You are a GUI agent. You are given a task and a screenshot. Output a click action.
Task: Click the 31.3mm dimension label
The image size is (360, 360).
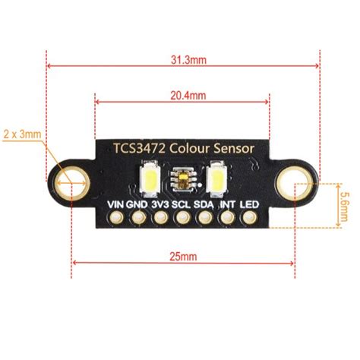(x=183, y=57)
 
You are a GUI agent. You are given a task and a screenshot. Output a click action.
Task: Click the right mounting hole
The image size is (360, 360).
(x=294, y=183)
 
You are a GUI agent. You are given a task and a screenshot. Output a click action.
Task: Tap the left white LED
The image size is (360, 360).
(x=150, y=179)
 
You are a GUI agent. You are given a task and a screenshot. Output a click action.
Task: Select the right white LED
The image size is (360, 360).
(x=216, y=179)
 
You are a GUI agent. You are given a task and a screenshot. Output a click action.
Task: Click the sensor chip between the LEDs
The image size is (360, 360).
(x=182, y=179)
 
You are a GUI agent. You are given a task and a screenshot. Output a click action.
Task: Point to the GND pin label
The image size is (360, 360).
(x=137, y=204)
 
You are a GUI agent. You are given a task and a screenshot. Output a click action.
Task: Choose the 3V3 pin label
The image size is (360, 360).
(x=159, y=204)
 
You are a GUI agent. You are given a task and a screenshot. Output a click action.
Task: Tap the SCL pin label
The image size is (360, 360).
(x=182, y=204)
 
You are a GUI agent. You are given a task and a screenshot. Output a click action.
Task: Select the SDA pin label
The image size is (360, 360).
(x=204, y=204)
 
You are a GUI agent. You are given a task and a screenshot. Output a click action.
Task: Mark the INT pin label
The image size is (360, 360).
(x=227, y=204)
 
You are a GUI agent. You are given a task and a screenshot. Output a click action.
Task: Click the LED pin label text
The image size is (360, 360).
(x=249, y=204)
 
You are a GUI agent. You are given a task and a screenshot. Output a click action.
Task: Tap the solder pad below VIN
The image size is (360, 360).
(x=115, y=219)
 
